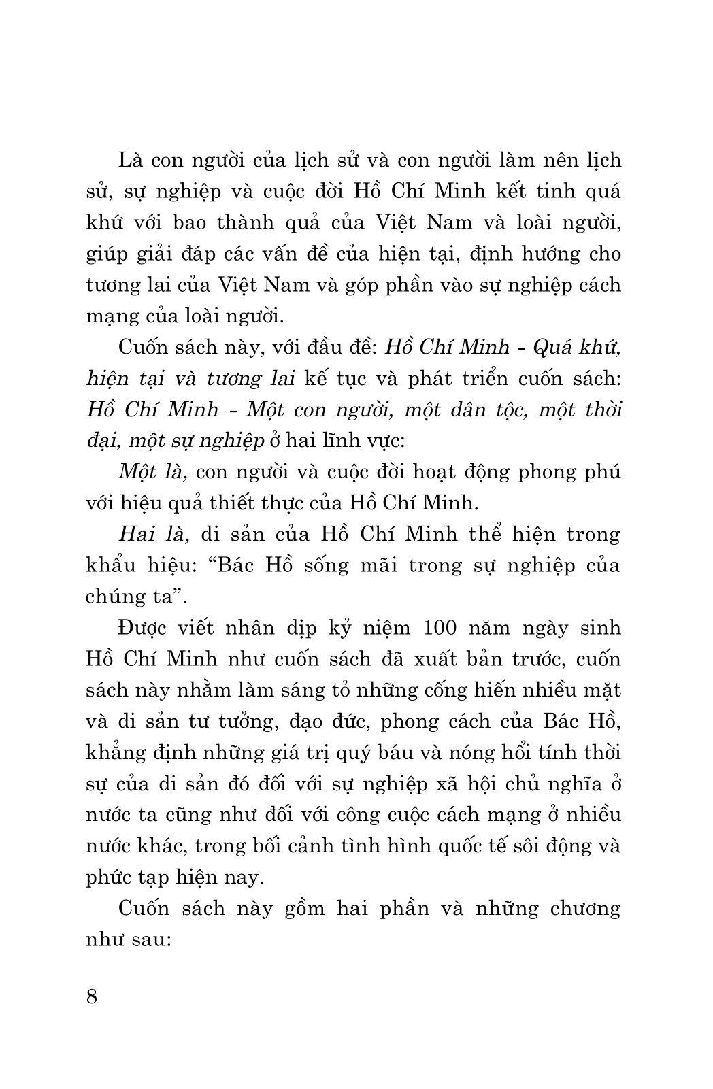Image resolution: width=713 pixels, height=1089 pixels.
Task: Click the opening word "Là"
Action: point(131,160)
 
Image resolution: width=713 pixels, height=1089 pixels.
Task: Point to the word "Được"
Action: point(142,627)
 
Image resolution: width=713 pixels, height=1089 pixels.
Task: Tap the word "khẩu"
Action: point(110,566)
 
